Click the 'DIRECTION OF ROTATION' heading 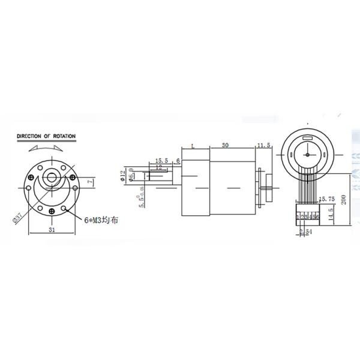46,136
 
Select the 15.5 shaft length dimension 161,161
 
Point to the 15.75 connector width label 326,199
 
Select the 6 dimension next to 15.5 178,161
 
